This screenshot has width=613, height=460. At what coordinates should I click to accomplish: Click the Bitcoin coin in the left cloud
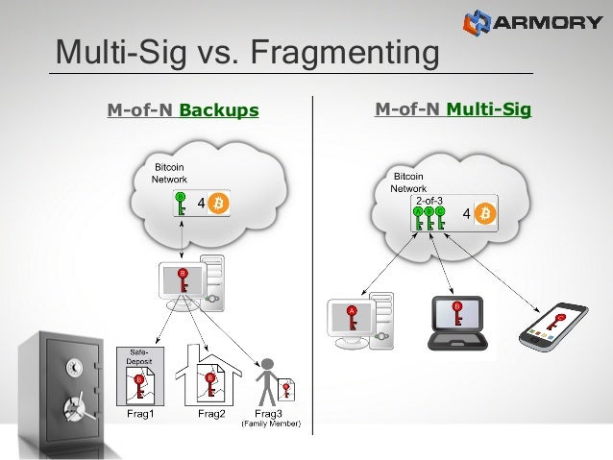click(x=219, y=204)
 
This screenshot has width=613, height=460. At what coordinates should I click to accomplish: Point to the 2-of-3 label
click(x=429, y=200)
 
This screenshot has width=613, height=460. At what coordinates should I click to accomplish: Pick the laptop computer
click(x=457, y=319)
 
